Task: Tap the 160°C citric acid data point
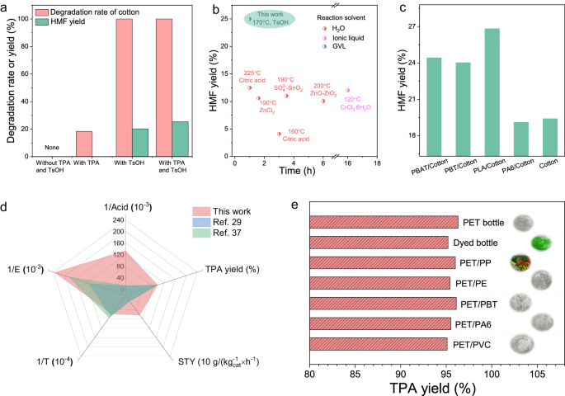[279, 134]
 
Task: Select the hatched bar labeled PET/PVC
[379, 344]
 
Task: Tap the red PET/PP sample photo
[519, 262]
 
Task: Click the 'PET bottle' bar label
[483, 221]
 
